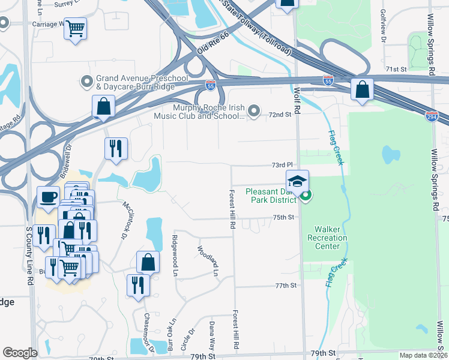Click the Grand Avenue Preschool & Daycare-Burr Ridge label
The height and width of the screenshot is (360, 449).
pos(134,83)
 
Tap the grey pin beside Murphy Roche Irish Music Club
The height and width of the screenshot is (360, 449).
pos(254,110)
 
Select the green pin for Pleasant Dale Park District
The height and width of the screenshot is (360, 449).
pos(306,196)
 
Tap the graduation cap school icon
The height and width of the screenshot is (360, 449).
pos(297,180)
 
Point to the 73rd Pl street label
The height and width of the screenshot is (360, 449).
pos(282,164)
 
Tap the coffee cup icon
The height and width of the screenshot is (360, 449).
pos(47,196)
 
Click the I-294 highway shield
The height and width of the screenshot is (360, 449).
pos(430,115)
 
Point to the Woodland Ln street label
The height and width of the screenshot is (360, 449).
pos(208,259)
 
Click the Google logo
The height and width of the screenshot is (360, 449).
pos(20,353)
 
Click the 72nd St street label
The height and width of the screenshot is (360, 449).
pos(280,114)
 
